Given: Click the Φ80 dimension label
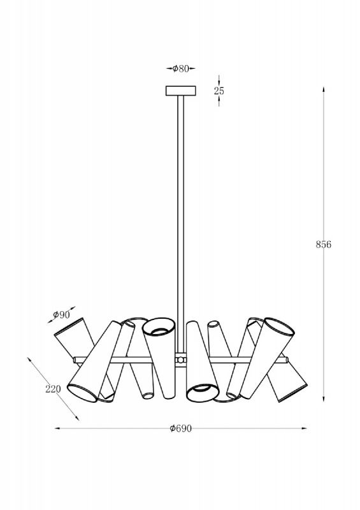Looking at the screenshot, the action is click(x=180, y=69).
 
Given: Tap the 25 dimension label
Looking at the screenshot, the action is click(x=219, y=91).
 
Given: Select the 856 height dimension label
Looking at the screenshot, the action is click(x=324, y=244).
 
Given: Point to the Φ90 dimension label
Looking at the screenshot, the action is click(x=61, y=314).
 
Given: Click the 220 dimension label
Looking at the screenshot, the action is click(x=53, y=389).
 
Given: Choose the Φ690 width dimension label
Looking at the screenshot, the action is click(x=181, y=428).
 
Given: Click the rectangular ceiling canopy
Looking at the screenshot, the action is click(x=181, y=91).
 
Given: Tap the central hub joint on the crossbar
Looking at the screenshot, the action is click(x=180, y=360).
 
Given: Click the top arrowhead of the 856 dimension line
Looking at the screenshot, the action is click(x=323, y=90).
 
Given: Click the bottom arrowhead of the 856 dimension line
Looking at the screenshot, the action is click(x=323, y=398).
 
